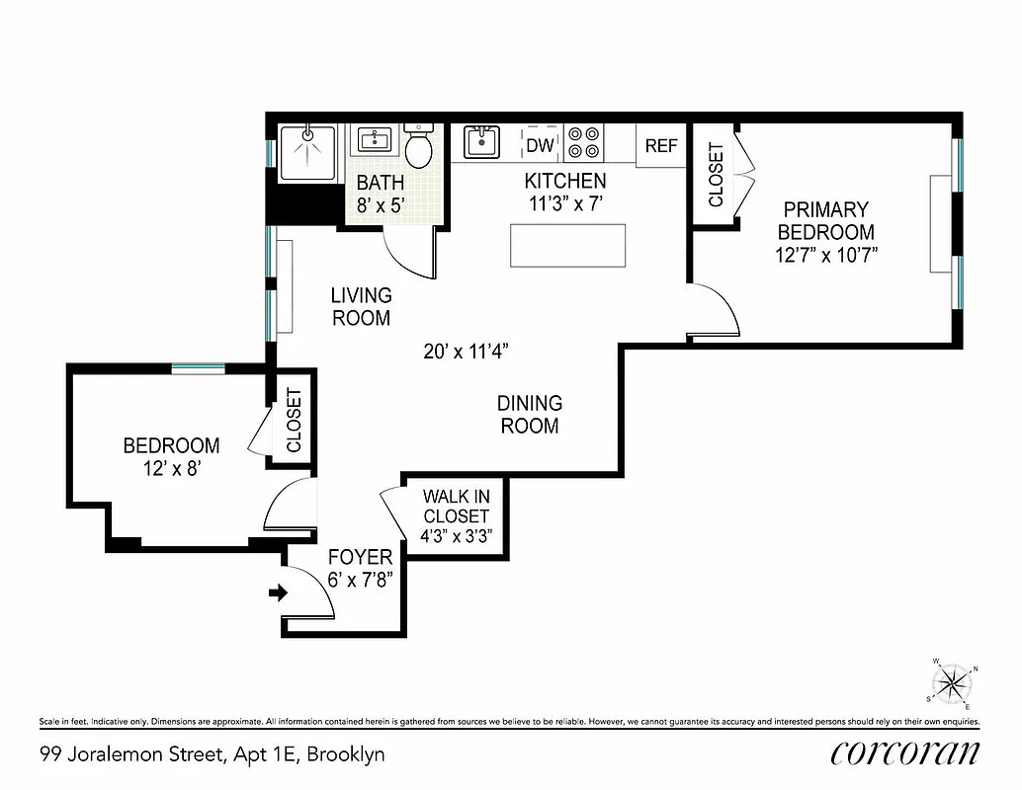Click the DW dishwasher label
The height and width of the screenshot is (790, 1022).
tap(540, 145)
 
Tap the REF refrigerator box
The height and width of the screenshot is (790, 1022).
tap(661, 145)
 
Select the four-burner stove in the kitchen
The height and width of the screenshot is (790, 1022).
tap(584, 142)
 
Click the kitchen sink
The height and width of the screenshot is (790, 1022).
tap(481, 142)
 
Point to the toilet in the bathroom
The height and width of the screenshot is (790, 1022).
tap(420, 147)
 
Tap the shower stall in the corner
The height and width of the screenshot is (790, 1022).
tap(307, 153)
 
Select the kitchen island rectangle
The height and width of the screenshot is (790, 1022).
tap(568, 245)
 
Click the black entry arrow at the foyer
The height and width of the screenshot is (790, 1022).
tap(278, 593)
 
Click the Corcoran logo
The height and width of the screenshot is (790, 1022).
tap(905, 752)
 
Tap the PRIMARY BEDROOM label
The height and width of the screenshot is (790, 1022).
tap(825, 221)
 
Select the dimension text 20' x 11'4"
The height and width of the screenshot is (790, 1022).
tap(467, 351)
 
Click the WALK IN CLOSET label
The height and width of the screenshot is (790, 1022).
tap(456, 506)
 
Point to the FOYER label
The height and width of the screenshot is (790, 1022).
tap(360, 557)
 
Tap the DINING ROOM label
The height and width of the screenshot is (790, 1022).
tap(529, 415)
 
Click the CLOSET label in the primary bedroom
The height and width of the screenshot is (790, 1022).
tap(716, 175)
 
